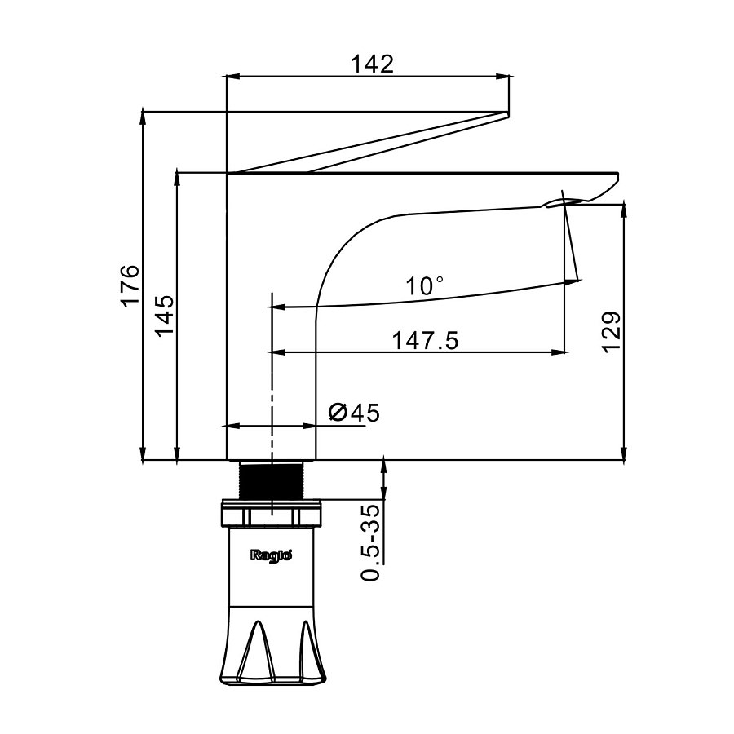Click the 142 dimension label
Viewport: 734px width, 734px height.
click(372, 64)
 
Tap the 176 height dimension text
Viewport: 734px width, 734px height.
click(130, 285)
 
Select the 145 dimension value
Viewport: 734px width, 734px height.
click(165, 316)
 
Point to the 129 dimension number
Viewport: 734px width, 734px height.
click(612, 331)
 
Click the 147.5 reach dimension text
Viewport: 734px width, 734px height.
click(425, 341)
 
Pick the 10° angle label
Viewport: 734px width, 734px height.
click(425, 285)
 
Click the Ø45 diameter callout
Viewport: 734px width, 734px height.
click(355, 413)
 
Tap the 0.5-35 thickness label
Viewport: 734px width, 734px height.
click(371, 542)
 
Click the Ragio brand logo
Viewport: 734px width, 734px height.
click(271, 555)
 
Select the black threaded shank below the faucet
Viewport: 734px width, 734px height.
click(272, 480)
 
